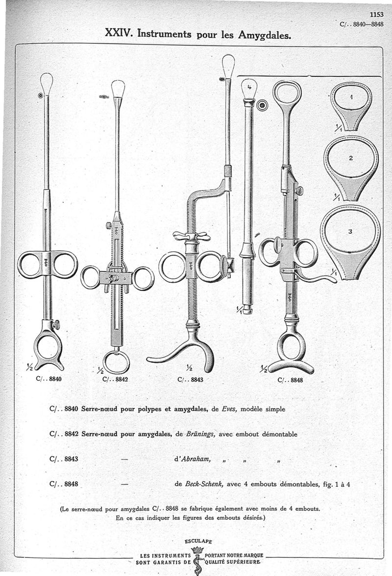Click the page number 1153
point(377,15)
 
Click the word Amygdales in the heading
point(265,35)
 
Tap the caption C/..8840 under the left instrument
point(49,379)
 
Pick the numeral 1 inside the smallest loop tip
point(351,97)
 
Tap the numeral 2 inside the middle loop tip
point(351,158)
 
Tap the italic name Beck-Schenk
point(202,484)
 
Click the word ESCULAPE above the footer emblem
point(198,541)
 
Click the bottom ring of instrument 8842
point(116,362)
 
